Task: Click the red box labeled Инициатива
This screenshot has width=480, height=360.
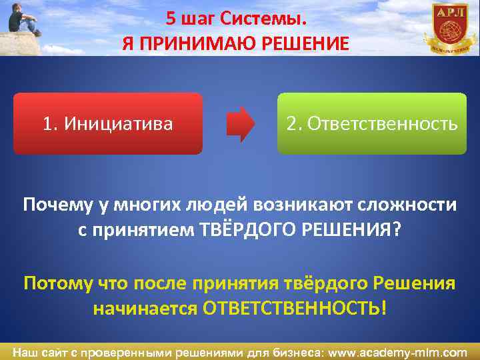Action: tap(107, 124)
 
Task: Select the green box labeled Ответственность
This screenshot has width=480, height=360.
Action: tap(372, 124)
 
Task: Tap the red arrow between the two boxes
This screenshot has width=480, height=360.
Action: tap(241, 124)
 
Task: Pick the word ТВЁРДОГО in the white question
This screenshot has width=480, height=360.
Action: tap(232, 230)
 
